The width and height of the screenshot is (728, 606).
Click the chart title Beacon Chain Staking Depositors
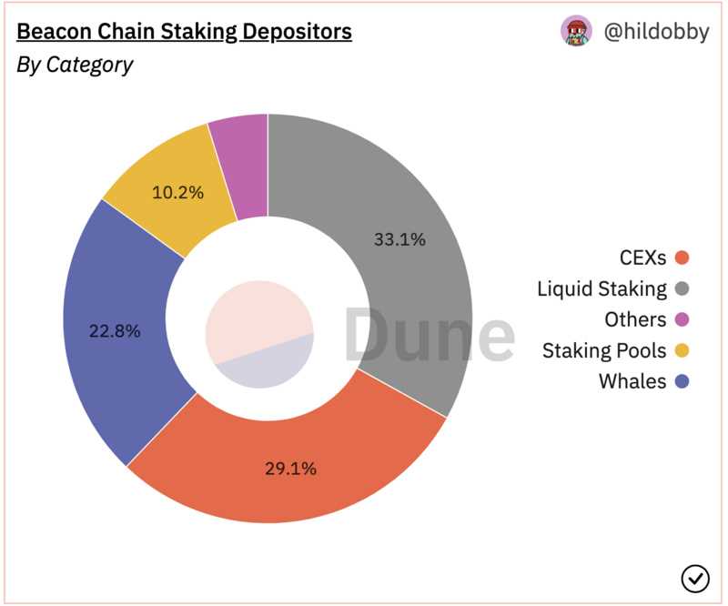tap(185, 32)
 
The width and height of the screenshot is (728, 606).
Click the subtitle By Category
tap(75, 65)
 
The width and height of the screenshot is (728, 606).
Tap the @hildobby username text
tap(656, 32)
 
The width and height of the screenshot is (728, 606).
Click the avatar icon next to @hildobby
tap(576, 32)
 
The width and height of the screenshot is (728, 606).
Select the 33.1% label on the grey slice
tap(399, 240)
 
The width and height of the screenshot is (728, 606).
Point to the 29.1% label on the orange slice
tap(291, 469)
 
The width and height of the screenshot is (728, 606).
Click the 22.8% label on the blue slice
tap(115, 331)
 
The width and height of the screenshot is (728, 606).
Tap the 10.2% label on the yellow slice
tap(178, 193)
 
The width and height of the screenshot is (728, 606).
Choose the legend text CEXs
tap(642, 258)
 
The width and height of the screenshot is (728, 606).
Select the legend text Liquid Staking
tap(602, 289)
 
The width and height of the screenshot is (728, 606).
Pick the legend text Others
tap(635, 319)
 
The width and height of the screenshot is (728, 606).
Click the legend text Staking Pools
tap(604, 350)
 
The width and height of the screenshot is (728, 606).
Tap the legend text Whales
tap(632, 381)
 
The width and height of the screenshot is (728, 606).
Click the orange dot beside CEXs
tap(682, 258)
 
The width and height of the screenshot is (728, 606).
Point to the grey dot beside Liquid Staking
tap(682, 289)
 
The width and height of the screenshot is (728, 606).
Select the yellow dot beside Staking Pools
tap(682, 350)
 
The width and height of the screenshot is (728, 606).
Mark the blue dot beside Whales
tap(682, 381)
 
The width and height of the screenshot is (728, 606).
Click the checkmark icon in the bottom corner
tap(694, 577)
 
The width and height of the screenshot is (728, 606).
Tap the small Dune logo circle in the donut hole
tap(259, 335)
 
